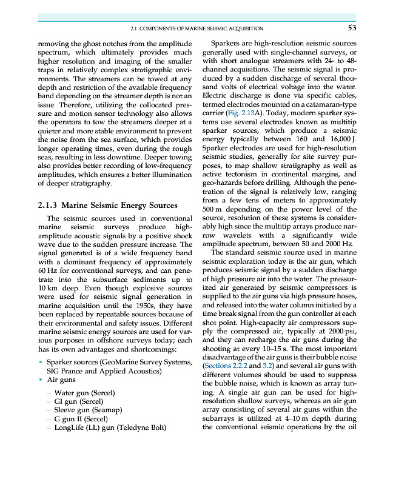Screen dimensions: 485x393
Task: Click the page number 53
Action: [352, 27]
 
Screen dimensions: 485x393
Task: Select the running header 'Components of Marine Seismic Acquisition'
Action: [197, 28]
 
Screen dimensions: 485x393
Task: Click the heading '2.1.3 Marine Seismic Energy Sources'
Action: [107, 206]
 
